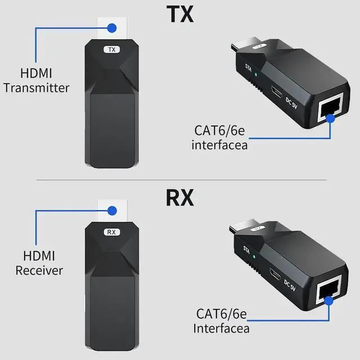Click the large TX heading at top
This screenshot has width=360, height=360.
tap(179, 13)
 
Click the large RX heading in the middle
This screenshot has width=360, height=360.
tap(179, 197)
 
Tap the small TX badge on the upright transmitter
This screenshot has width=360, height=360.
tap(111, 49)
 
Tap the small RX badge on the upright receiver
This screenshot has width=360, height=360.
tap(111, 231)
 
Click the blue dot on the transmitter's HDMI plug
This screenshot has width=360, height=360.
tap(112, 27)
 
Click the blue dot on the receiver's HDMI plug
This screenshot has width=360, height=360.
tap(112, 210)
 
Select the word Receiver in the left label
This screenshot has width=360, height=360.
tap(39, 271)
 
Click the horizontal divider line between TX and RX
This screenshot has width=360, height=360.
tap(179, 180)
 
